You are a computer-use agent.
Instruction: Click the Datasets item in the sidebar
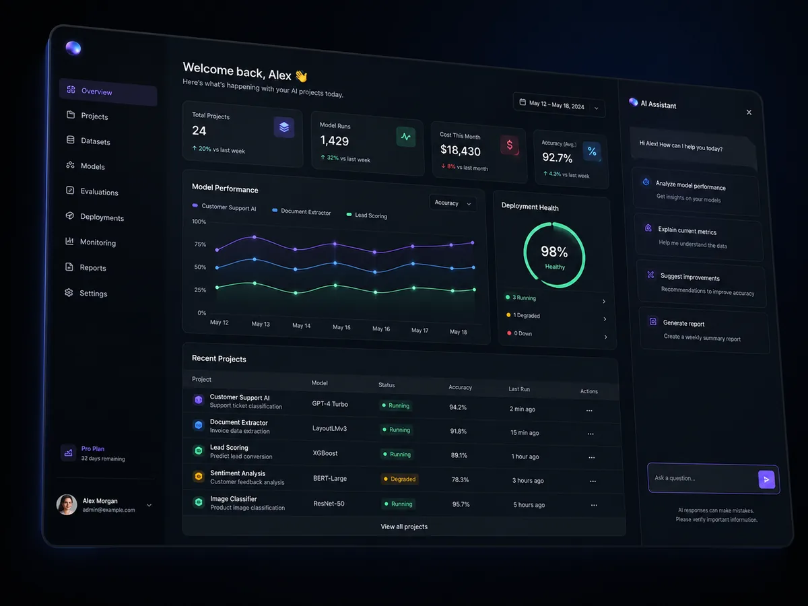(88, 141)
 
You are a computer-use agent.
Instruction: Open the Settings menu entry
(86, 293)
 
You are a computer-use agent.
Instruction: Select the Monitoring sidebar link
(90, 242)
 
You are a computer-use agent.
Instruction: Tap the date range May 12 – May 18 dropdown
(559, 105)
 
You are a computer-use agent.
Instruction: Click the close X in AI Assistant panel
(749, 112)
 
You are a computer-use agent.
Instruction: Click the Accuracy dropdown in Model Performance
(452, 203)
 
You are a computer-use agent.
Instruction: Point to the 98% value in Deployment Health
(554, 252)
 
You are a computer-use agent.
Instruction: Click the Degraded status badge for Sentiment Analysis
(399, 479)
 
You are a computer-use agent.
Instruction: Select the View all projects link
(404, 527)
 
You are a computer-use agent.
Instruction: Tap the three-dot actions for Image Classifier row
(594, 506)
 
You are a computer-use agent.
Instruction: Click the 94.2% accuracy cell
(458, 407)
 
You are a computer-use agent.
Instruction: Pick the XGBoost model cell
(325, 453)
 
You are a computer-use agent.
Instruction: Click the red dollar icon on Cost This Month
(510, 145)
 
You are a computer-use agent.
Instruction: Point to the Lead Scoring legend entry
(367, 215)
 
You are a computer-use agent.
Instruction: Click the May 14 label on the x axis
(301, 326)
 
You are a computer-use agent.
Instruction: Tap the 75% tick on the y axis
(200, 244)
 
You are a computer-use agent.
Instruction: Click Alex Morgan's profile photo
(67, 504)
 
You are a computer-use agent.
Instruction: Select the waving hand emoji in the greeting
(301, 76)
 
